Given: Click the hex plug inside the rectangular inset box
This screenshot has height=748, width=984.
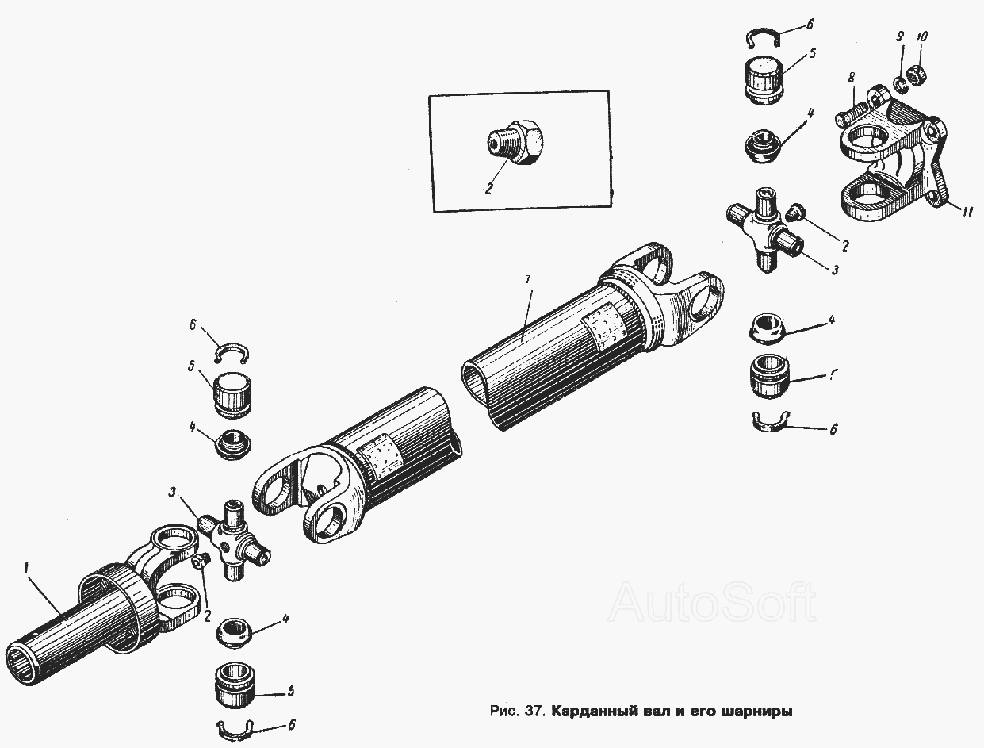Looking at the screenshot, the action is tap(515, 142).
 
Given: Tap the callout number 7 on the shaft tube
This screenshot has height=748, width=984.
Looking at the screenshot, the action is tap(527, 280).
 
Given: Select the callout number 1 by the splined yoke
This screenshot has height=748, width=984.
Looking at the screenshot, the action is tap(27, 569).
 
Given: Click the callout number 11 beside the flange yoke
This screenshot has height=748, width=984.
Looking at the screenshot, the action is tap(967, 211).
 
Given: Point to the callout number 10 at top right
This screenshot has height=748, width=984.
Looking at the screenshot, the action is tap(921, 37).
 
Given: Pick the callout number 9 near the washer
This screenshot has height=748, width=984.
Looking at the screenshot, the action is tap(900, 36).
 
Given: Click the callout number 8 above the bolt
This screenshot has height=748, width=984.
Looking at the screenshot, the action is tap(851, 79).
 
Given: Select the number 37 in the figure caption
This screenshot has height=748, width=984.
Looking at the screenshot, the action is tap(534, 712).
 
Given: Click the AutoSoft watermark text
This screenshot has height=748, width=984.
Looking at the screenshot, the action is tap(713, 602).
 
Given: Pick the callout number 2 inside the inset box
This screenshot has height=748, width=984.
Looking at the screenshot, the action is tap(488, 188).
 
